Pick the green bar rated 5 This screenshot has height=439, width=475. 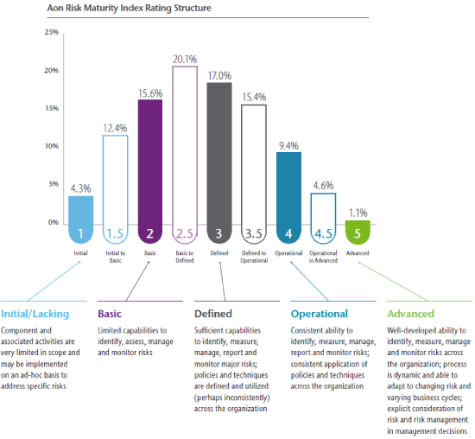coord(358,231)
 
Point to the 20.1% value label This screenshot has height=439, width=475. coord(185,60)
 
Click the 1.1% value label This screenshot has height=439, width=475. coord(358,213)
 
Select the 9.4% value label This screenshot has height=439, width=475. coord(288,145)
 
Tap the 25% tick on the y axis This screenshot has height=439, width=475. coord(51,32)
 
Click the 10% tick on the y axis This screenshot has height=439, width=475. coord(51,146)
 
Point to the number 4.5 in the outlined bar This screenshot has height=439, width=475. coord(323,233)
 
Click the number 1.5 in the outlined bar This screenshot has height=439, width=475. coord(116,233)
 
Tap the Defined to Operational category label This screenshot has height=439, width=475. coord(254,256)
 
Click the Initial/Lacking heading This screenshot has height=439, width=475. coord(35,314)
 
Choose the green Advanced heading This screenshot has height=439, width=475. coord(411,314)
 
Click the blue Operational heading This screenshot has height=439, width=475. coord(320,314)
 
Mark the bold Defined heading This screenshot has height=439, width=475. coord(213,314)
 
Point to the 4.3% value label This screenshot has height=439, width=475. coord(80,188)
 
